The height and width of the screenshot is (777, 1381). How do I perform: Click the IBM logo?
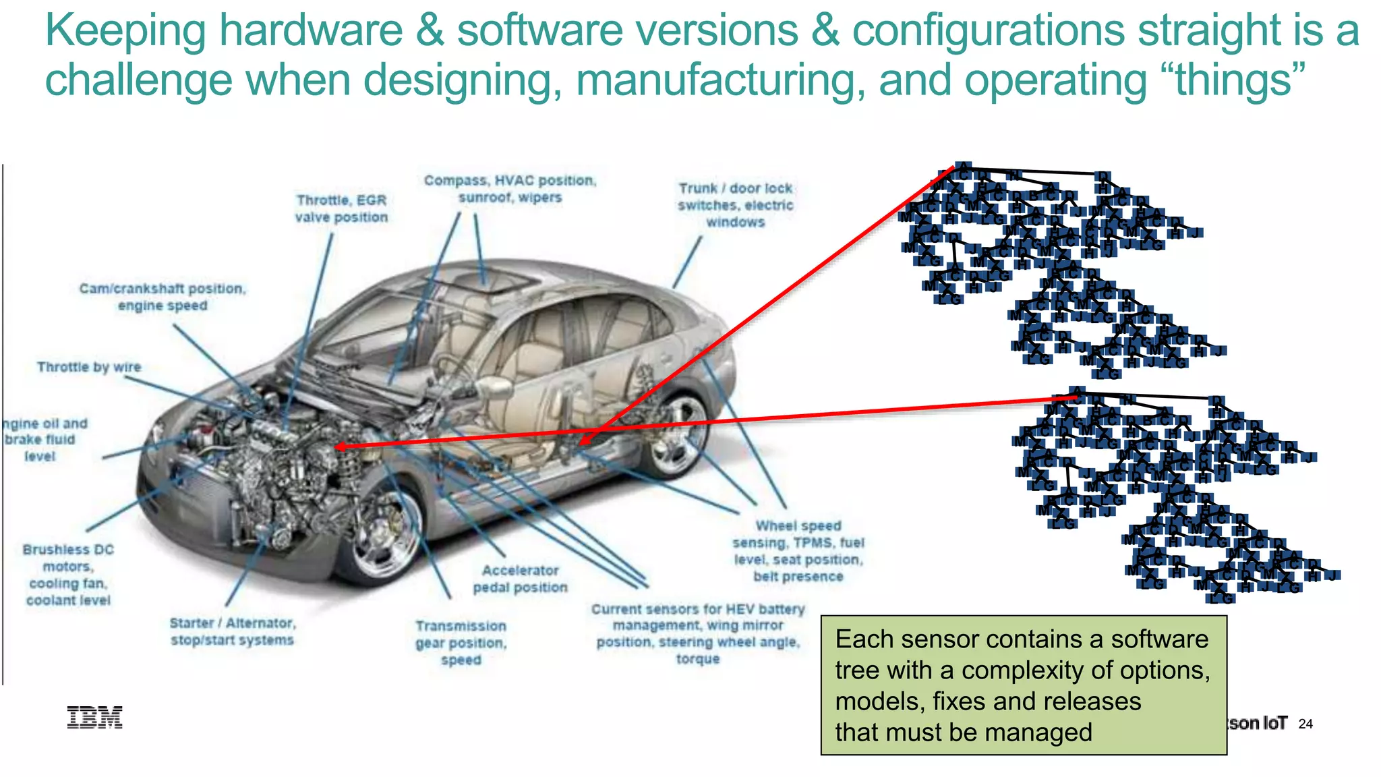(x=94, y=718)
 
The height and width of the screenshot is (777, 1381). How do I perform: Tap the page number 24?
(x=1305, y=724)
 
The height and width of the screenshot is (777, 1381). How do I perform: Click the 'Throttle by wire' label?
(x=89, y=367)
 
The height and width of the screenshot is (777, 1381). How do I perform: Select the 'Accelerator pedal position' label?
(x=520, y=579)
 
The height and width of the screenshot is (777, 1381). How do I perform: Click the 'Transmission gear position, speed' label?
(x=461, y=643)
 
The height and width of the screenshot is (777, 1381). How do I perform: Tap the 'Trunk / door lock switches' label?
(x=736, y=205)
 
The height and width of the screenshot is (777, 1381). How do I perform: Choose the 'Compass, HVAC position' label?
(x=510, y=189)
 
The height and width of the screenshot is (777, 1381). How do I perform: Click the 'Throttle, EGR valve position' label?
(x=342, y=208)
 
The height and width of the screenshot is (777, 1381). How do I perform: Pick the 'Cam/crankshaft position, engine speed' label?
(x=163, y=297)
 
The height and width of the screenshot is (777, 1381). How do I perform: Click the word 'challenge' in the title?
(x=138, y=80)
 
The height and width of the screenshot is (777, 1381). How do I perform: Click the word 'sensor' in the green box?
(x=942, y=639)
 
